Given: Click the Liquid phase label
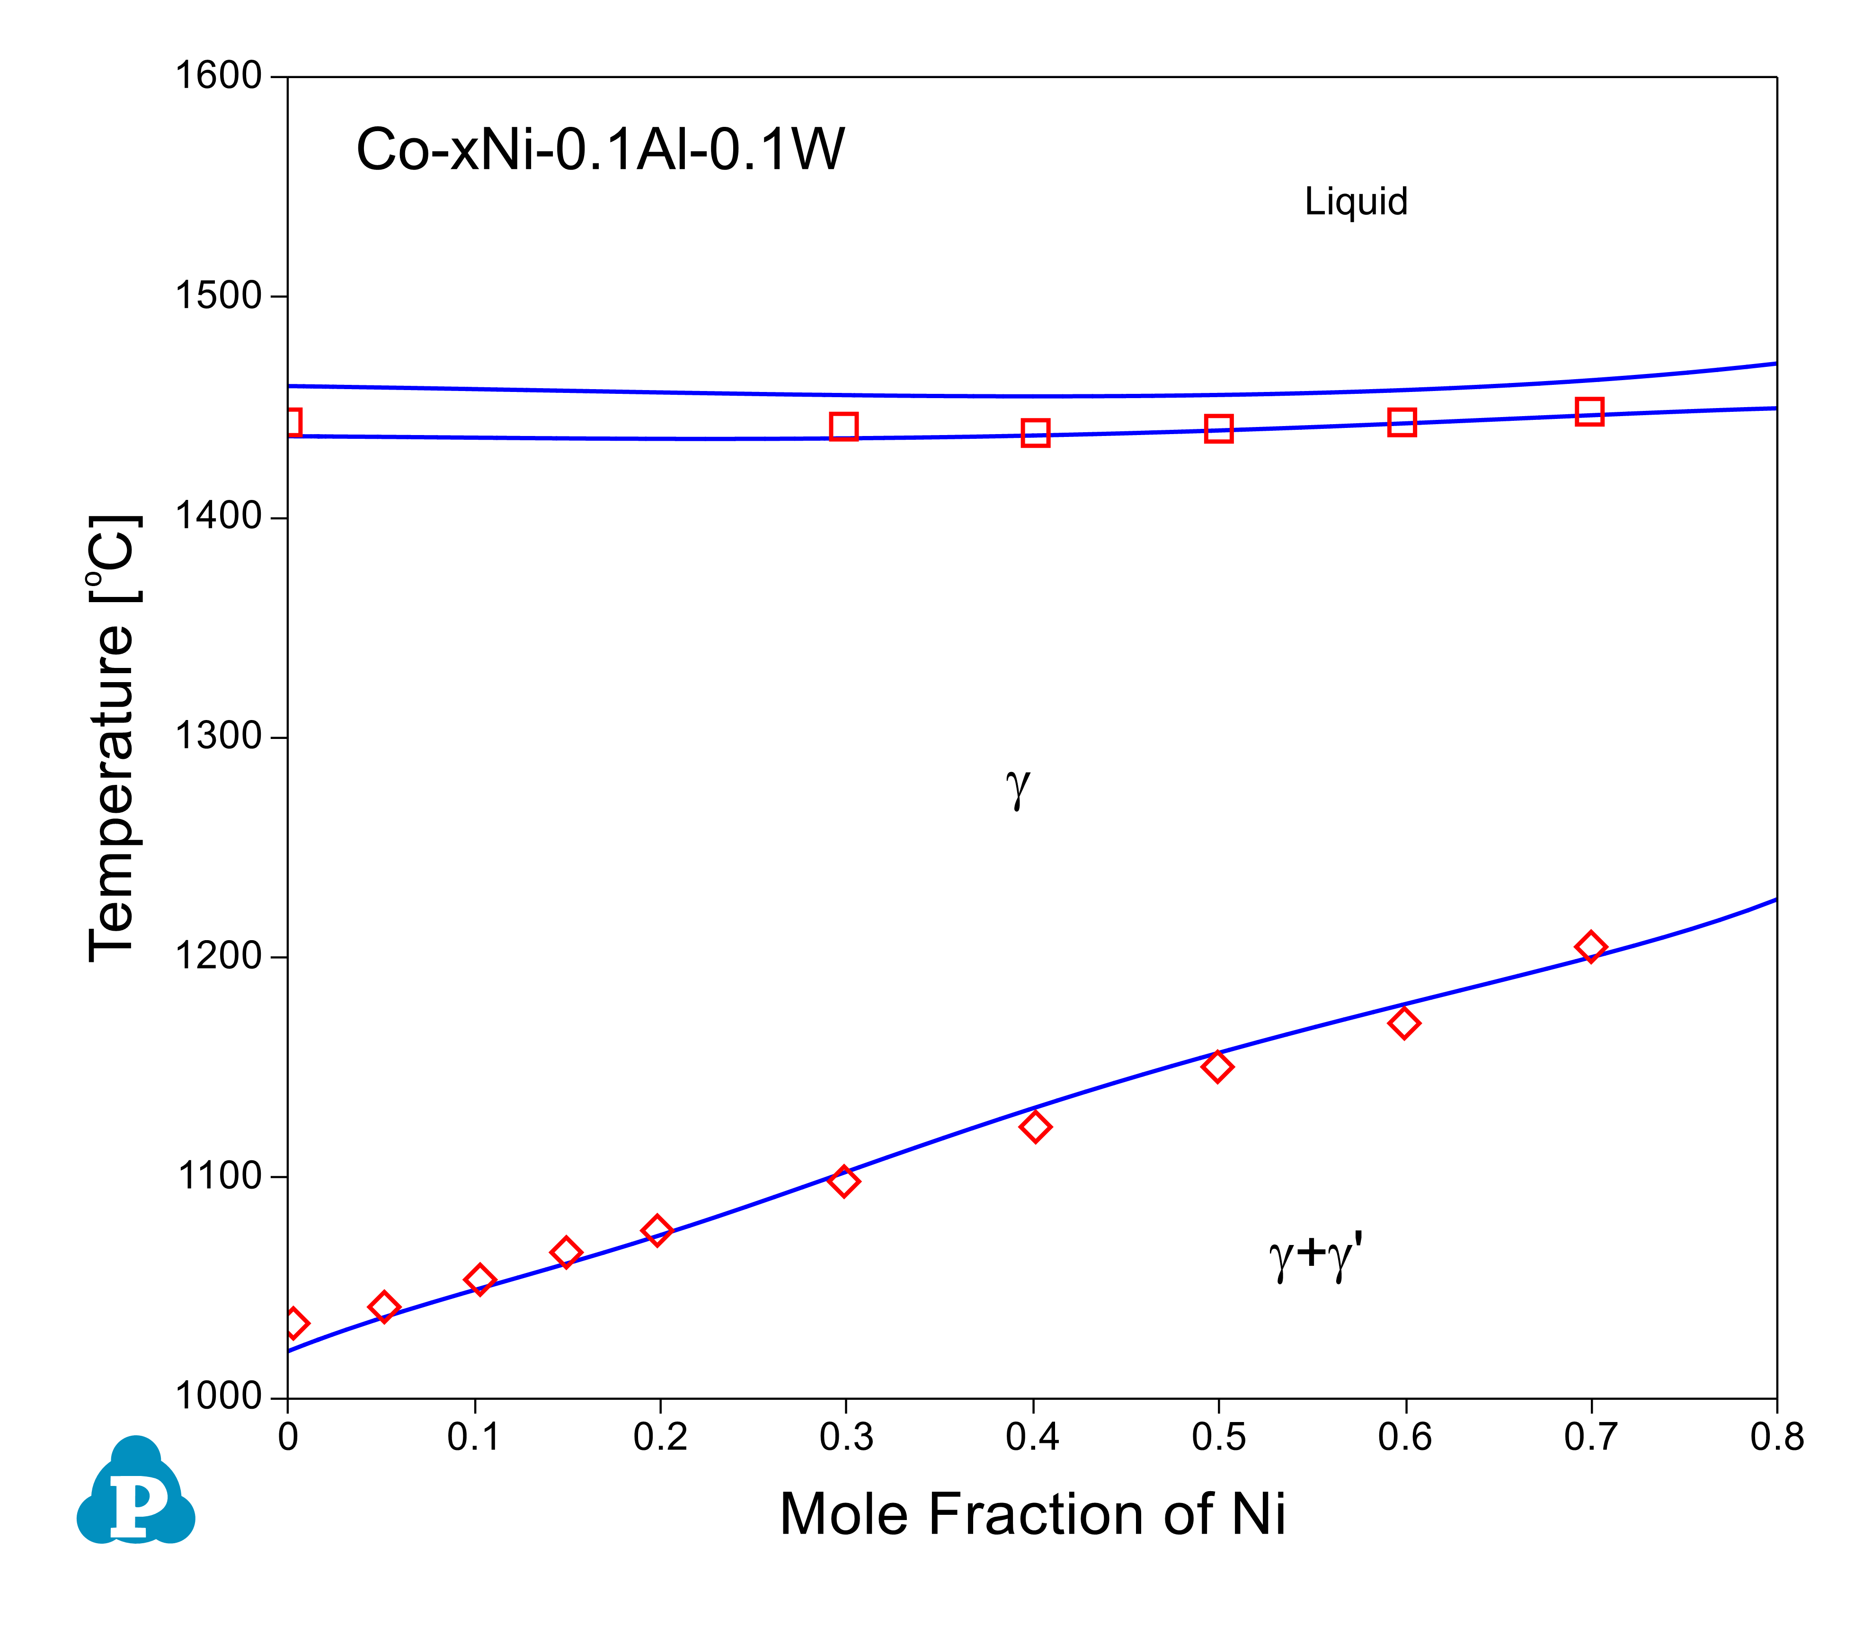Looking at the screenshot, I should (1355, 202).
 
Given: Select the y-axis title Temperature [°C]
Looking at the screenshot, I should (113, 738).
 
